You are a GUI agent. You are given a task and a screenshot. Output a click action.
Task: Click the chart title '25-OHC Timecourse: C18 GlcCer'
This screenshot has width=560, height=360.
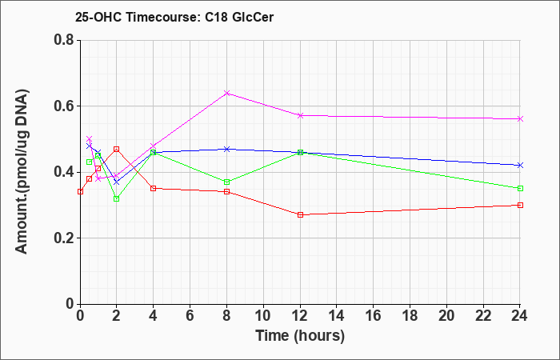174,17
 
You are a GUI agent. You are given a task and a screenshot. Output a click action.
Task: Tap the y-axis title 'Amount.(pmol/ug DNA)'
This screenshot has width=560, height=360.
22,171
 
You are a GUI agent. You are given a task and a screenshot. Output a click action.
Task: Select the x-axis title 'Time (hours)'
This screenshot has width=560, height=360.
300,336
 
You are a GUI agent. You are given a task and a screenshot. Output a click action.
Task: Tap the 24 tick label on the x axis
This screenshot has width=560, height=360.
520,316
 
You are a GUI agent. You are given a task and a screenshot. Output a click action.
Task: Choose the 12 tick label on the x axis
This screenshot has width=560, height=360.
300,316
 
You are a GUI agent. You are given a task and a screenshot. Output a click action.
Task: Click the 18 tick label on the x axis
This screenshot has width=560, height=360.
410,316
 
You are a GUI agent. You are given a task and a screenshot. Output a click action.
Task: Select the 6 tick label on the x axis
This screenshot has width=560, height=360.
190,316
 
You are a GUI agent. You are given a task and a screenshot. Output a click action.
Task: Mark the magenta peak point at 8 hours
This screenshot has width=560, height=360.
226,94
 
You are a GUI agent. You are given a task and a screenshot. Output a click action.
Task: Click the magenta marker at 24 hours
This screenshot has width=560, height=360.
520,119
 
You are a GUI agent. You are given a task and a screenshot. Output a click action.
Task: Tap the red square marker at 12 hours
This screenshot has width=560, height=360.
300,214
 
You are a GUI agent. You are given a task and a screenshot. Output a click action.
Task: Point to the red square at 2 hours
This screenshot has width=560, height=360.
117,149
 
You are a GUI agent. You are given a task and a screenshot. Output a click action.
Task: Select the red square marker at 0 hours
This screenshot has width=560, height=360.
80,191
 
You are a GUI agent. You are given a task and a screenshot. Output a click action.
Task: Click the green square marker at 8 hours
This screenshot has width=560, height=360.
226,182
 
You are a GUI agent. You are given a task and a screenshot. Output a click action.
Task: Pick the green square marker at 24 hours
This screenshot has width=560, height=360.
520,188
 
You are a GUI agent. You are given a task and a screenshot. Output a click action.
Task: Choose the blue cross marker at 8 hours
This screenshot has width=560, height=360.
226,149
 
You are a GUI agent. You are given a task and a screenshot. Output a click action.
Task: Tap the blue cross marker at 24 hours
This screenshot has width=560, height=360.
520,166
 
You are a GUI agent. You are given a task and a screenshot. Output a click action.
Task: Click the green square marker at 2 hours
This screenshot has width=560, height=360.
117,198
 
